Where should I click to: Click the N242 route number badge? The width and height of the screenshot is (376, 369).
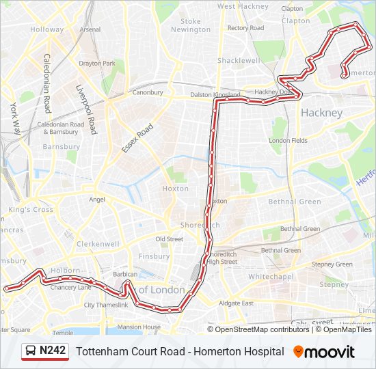click(x=45, y=351)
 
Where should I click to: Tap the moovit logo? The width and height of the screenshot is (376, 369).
click(x=323, y=352)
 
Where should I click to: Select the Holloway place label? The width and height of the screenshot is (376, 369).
click(x=46, y=30)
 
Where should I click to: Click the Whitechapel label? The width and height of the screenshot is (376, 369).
click(x=270, y=277)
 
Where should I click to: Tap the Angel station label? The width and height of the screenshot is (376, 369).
click(x=97, y=200)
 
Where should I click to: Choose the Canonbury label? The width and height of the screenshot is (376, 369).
click(x=148, y=92)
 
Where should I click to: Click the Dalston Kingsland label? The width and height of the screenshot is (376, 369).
click(x=215, y=95)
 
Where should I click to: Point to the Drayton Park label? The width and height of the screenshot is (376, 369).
click(x=97, y=64)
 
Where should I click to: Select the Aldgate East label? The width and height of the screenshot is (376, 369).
click(x=237, y=303)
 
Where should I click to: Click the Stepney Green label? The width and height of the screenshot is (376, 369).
click(x=332, y=264)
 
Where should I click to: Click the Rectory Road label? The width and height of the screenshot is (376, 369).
click(x=245, y=28)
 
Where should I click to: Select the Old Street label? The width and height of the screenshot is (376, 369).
click(x=169, y=239)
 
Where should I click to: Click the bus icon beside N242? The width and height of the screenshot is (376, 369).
click(x=31, y=351)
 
